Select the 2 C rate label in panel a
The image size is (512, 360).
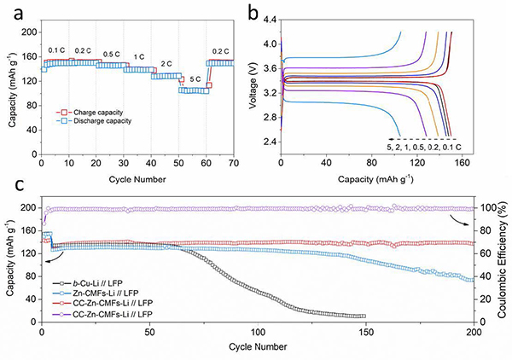(x=166, y=63)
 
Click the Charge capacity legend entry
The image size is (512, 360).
(x=95, y=111)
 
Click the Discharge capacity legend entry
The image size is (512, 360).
(x=99, y=120)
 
